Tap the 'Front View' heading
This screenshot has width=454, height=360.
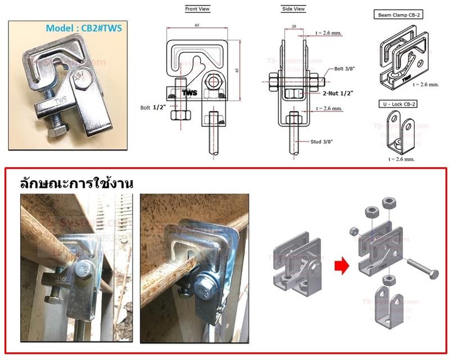[x=197, y=10]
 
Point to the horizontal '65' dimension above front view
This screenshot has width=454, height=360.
[x=197, y=26]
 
